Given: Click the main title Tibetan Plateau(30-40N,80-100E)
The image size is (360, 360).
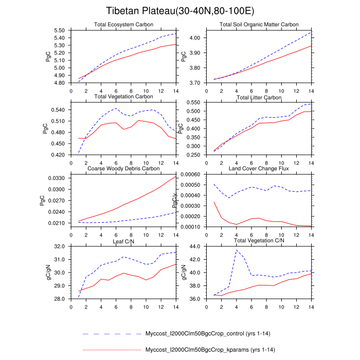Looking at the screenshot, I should pos(180,11).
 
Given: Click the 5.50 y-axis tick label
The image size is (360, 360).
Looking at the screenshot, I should pos(59,31).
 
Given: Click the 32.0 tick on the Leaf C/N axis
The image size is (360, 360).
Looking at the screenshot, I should pos(60,247).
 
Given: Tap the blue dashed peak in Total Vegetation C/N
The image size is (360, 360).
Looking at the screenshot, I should pos(236,250).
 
